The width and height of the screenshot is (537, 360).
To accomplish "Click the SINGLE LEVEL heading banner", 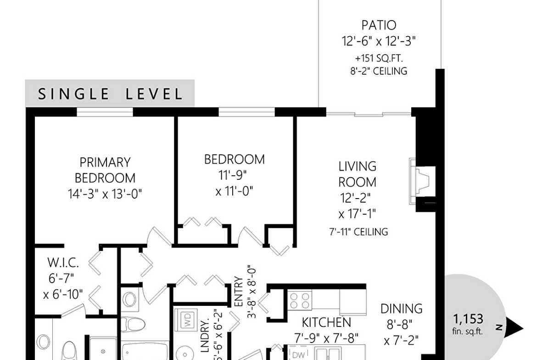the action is (110, 94).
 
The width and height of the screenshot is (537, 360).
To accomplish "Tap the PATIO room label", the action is (379, 25).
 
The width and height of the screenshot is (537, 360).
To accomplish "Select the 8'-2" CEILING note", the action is (379, 71).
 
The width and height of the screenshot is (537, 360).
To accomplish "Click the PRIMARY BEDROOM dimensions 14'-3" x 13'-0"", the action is (105, 194).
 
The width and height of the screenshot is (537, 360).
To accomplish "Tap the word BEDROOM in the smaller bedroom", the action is (235, 160).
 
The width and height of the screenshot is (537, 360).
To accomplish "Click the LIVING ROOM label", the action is (357, 174).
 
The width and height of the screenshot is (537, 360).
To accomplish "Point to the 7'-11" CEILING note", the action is (358, 232).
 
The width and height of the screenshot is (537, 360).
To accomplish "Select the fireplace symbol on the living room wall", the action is (422, 181).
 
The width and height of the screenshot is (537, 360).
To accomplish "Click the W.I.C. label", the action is (63, 263).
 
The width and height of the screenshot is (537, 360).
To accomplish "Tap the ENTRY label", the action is (238, 292).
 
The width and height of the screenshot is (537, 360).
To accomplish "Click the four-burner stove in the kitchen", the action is (299, 300).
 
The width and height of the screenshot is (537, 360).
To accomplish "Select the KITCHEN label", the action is (326, 322).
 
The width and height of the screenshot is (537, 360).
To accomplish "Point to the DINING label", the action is (402, 309).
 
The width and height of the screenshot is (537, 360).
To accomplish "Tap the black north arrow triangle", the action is (514, 328).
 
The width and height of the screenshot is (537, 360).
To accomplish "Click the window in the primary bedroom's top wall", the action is (105, 112).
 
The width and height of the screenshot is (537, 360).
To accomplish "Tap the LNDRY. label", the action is (205, 336).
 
